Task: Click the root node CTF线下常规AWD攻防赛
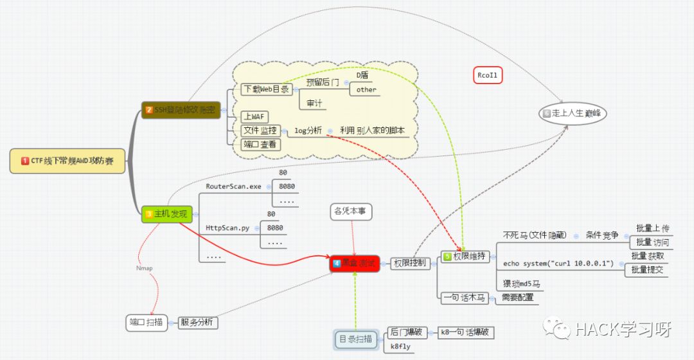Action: pyautogui.click(x=67, y=161)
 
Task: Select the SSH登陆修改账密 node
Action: pyautogui.click(x=181, y=110)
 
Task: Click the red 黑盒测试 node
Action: pyautogui.click(x=353, y=263)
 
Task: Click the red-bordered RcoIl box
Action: pyautogui.click(x=487, y=75)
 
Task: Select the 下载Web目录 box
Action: pyautogui.click(x=266, y=89)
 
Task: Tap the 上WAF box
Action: pyautogui.click(x=251, y=116)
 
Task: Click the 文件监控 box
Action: pyautogui.click(x=259, y=130)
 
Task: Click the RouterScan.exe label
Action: pyautogui.click(x=233, y=186)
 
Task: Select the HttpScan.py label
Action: pyautogui.click(x=227, y=228)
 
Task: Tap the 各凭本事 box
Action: pyautogui.click(x=351, y=211)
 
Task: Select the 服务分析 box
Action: pyautogui.click(x=198, y=323)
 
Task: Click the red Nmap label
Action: pyautogui.click(x=145, y=268)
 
